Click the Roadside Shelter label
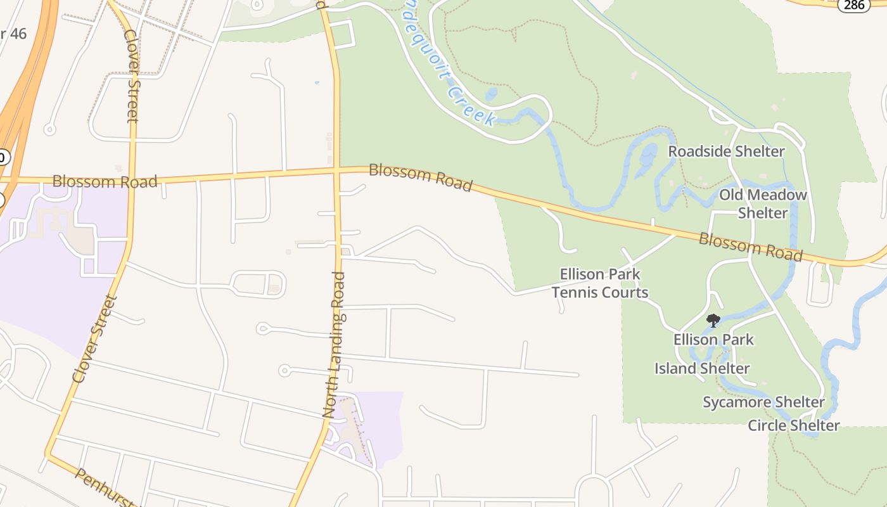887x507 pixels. (726, 151)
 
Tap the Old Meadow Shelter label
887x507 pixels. (763, 203)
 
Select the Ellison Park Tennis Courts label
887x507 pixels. (600, 283)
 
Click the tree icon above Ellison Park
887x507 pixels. (713, 319)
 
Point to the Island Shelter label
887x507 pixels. (702, 368)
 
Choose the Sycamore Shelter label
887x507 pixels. (763, 402)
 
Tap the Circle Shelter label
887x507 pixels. (794, 425)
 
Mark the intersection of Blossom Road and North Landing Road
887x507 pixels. (336, 170)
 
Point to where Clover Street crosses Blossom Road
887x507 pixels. (132, 178)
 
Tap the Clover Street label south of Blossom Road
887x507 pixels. (94, 338)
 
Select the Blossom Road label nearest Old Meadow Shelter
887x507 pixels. (751, 247)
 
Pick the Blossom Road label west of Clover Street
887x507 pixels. (105, 182)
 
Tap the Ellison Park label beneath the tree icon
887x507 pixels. (713, 340)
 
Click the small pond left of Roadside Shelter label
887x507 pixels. (648, 154)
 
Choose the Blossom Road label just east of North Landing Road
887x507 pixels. (421, 177)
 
